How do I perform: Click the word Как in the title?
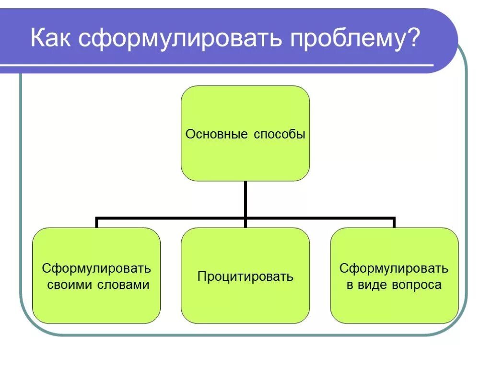point(52,38)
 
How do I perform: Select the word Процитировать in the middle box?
point(245,276)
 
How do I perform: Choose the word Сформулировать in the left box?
point(96,268)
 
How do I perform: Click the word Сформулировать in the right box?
point(394,268)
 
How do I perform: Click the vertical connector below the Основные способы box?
point(245,199)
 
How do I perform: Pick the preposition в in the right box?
point(350,285)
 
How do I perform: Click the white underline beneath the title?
point(216,65)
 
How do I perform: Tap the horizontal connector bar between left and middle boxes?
point(171,218)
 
